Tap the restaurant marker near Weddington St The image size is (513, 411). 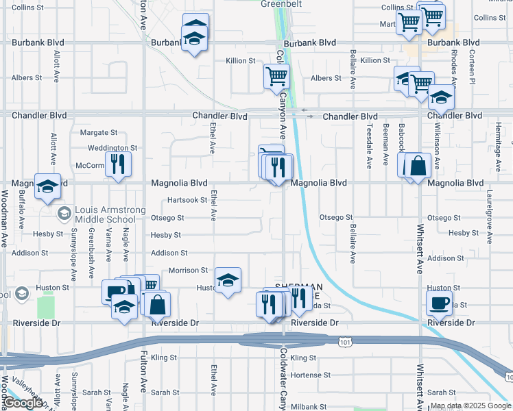118,164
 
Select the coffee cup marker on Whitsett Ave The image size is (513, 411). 439,301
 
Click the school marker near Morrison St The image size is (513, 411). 228,280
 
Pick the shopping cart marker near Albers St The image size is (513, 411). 276,75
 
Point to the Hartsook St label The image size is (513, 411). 187,200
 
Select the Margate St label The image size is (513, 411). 99,132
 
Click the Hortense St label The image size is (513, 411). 310,375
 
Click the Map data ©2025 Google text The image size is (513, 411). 470,406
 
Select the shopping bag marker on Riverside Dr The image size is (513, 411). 158,303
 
